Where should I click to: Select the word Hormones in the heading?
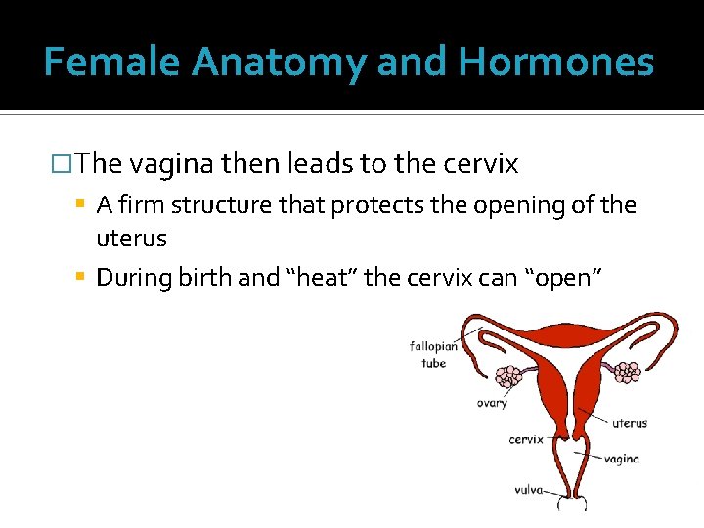(555, 62)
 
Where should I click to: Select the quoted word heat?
(323, 278)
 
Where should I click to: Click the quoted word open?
(564, 278)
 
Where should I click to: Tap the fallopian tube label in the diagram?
(433, 355)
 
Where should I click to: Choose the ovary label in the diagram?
(492, 404)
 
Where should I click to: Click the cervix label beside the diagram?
(525, 439)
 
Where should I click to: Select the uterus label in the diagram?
(629, 423)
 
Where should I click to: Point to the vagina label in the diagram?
(621, 458)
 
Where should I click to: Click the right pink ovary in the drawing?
(626, 371)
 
